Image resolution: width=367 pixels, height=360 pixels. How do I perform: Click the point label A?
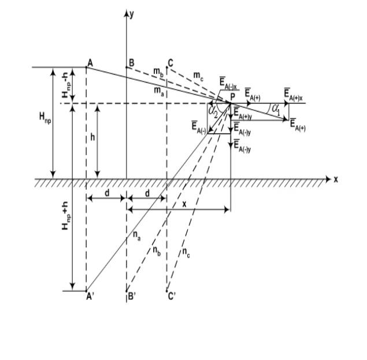90,63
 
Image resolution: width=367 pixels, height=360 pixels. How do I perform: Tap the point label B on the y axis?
132,63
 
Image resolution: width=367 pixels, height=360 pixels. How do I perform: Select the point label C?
170,63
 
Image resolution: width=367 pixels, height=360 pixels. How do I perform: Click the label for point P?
233,97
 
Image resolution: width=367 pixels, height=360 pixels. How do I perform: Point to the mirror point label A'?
90,296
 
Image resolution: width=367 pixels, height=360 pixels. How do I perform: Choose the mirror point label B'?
132,296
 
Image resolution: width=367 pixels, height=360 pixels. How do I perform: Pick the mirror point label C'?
172,296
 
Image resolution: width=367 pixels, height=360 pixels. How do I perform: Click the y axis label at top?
132,14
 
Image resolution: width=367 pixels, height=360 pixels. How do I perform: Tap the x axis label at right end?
336,180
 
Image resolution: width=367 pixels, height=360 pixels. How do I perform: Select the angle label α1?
276,110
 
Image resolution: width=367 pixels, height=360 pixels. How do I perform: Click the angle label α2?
213,112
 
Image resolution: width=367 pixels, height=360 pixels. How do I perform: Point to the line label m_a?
159,91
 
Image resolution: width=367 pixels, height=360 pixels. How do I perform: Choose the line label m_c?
198,76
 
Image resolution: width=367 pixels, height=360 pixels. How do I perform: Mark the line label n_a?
137,236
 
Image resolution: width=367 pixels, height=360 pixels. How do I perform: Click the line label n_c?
186,253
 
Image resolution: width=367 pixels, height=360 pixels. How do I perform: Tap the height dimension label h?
92,138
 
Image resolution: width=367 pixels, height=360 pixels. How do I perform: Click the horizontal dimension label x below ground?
184,205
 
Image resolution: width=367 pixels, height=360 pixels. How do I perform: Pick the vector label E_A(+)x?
293,94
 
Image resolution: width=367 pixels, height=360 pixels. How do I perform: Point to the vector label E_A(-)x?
228,84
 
